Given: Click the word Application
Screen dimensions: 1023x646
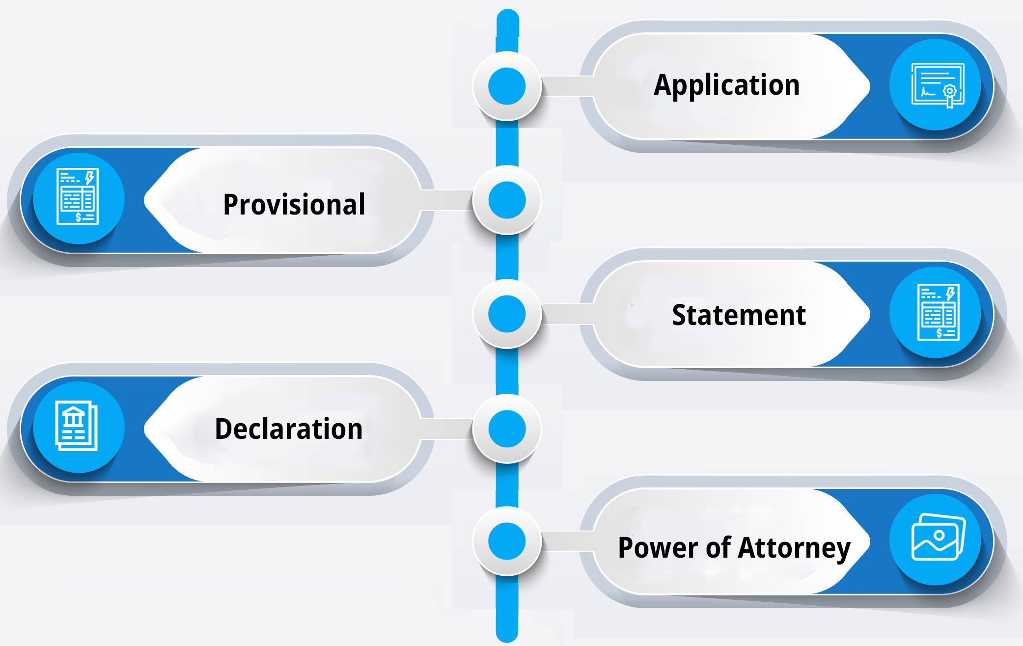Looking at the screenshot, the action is pos(727,85).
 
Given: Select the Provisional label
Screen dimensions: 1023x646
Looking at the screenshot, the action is pos(294,204).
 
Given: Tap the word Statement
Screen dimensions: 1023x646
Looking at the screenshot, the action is pos(739,315).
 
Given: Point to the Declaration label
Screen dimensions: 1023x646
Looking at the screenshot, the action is pos(289,429).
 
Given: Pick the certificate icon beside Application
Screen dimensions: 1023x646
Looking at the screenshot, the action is pos(938,85).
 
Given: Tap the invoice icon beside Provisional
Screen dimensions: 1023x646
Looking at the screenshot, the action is pos(78,196).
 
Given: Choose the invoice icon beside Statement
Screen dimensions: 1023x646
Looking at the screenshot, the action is pos(939,312).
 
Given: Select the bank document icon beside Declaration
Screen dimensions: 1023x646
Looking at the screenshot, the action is pos(76,426).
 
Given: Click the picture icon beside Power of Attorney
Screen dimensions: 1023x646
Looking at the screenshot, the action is pos(938,537).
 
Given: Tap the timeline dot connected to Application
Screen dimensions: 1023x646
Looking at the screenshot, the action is pos(507,86).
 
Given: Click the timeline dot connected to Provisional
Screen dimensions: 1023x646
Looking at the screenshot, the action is pos(507,200).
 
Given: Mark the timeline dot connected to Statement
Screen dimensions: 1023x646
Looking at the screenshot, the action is pos(507,314).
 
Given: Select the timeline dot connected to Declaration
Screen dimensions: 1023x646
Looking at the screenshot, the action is pos(507,429).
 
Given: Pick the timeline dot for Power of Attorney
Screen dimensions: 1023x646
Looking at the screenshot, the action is pos(507,541).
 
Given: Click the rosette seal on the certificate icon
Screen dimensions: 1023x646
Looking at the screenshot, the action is pos(950,91).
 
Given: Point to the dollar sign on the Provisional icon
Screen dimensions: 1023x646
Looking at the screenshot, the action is pos(78,217).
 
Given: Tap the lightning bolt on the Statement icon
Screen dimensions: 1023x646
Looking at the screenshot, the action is pos(951,294).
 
